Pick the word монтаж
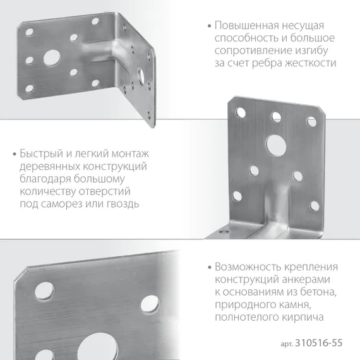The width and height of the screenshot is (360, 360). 130,154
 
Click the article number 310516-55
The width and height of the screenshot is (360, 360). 320,344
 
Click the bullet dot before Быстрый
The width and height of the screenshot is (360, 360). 14,155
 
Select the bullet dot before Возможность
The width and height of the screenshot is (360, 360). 209,267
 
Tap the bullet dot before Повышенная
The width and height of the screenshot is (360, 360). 209,27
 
